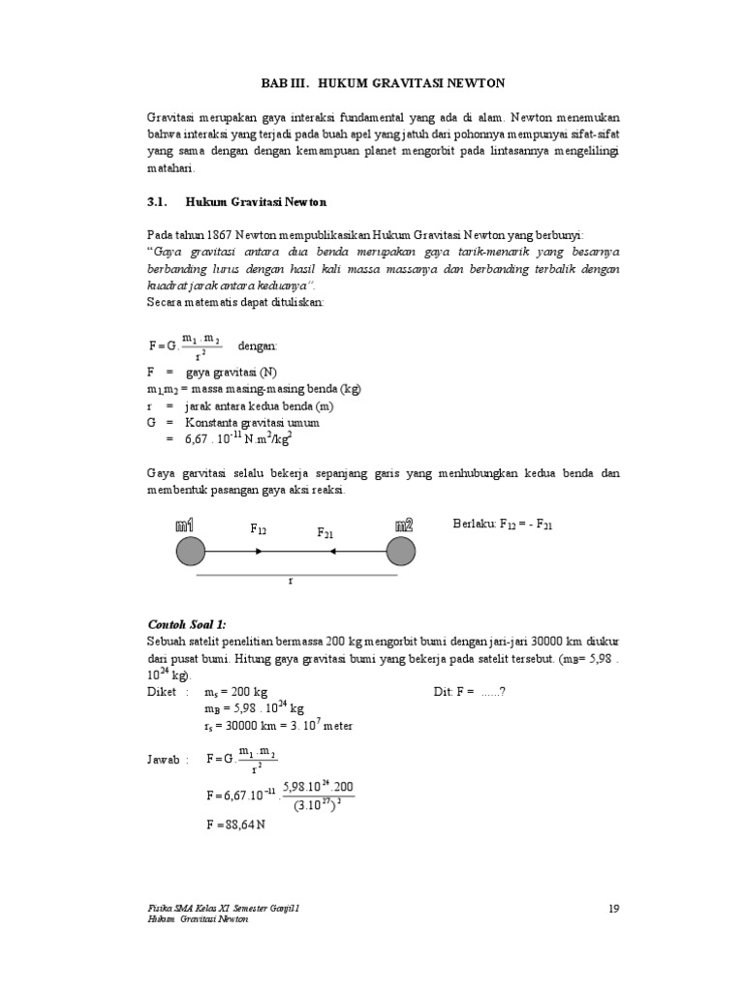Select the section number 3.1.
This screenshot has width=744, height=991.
click(x=158, y=202)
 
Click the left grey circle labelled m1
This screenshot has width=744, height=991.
click(x=191, y=552)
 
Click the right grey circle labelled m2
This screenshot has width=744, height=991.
click(x=401, y=552)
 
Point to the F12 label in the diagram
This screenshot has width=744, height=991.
click(x=259, y=529)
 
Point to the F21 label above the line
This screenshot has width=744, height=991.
click(x=326, y=533)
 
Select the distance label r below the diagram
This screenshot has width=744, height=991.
click(x=290, y=581)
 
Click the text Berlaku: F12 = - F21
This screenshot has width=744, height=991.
click(x=504, y=524)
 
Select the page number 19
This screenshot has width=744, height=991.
click(x=613, y=908)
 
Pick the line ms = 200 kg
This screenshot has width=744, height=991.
click(x=235, y=693)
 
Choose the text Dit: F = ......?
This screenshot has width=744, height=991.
click(x=469, y=693)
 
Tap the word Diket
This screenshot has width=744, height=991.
click(x=163, y=693)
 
